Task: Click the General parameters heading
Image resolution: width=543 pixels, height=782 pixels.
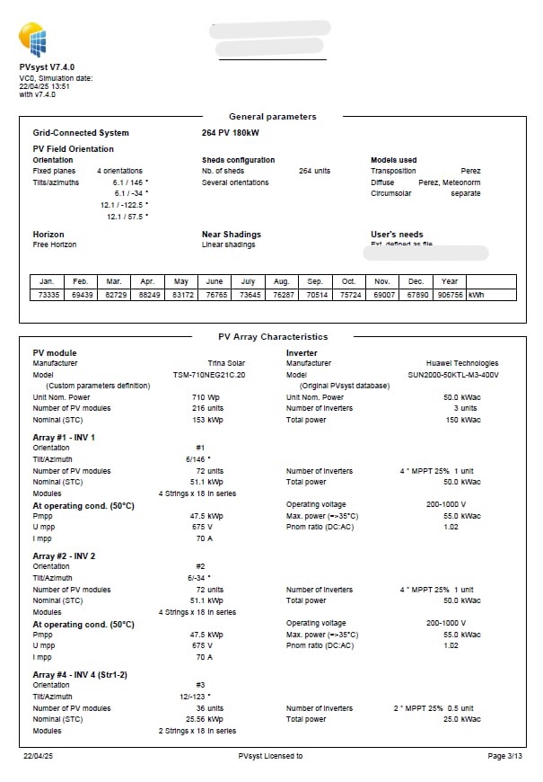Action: [x=272, y=117]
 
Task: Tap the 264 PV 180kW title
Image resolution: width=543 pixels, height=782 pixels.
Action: [x=231, y=133]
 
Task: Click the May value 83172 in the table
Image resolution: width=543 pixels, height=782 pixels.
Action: [x=181, y=295]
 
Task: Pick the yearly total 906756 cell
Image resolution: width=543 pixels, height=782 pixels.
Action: [x=450, y=295]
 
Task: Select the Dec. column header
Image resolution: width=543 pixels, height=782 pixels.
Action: [x=416, y=281]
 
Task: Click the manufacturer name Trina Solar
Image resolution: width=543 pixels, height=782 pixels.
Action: [x=227, y=364]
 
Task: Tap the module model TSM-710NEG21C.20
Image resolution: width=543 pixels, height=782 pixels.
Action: [x=209, y=375]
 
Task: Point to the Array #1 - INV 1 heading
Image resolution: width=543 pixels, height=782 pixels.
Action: [x=64, y=438]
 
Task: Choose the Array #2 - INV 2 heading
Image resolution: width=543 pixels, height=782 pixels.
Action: [x=64, y=556]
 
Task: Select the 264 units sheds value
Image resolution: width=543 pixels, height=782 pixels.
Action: [x=314, y=171]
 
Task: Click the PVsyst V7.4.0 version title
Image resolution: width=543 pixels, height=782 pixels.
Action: [x=47, y=67]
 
